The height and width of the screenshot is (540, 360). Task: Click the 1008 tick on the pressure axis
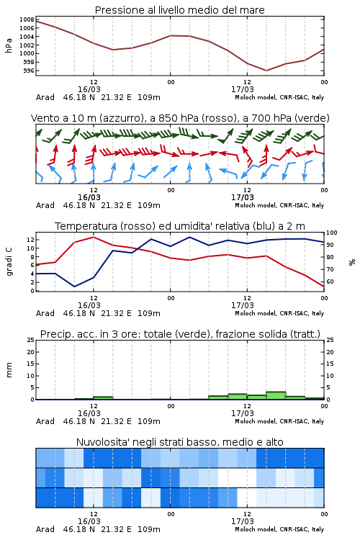point(26,19)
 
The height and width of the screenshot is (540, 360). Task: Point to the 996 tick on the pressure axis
point(29,71)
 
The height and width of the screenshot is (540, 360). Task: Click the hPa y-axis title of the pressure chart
point(9,45)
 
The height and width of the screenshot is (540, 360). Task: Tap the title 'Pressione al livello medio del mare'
point(180,10)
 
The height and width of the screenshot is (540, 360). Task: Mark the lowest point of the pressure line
point(266,71)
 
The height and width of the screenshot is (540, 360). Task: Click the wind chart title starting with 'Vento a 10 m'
point(180,118)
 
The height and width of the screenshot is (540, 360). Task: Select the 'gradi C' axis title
point(9,262)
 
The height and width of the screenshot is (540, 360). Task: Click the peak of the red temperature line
point(94,237)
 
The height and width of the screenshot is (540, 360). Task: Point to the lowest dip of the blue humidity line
point(74,287)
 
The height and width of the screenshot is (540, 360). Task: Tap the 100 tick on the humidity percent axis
point(332,233)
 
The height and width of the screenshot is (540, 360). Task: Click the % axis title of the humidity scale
point(352,262)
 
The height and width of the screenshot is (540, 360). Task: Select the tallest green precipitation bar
point(276,396)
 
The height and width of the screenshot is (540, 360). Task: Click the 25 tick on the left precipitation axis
point(31,340)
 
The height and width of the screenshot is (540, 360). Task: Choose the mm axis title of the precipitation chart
point(9,370)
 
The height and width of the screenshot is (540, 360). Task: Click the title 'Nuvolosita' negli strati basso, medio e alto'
point(180,442)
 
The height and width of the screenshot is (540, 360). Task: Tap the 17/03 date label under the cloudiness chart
point(243,521)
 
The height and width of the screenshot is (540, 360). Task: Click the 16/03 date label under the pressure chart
point(89,89)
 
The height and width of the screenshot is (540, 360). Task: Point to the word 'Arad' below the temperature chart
point(45,313)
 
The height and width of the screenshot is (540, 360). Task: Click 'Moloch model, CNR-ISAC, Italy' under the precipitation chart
point(279,421)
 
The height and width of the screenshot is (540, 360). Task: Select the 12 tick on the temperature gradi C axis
point(31,240)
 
